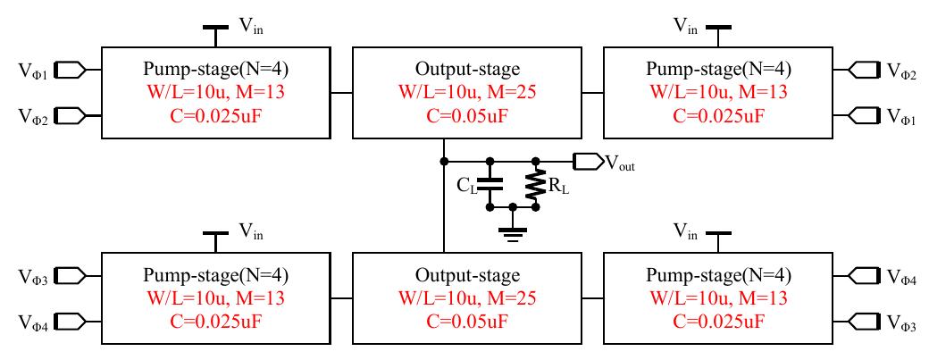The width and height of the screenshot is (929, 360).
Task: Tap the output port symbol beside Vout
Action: point(588,162)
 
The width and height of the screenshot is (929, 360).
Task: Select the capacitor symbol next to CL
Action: point(490,184)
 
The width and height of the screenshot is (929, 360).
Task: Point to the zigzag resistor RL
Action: point(536,184)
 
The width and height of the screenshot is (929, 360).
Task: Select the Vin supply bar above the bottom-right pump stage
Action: point(716,233)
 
